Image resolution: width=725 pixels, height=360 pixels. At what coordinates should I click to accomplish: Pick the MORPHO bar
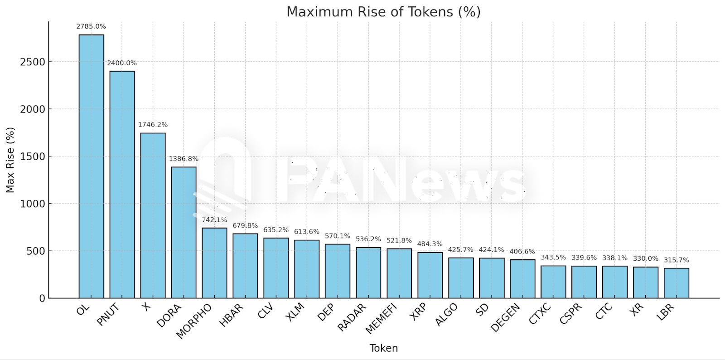point(214,263)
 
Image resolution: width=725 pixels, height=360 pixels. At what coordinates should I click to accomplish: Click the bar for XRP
point(430,275)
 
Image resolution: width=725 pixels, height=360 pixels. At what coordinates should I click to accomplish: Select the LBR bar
point(677,283)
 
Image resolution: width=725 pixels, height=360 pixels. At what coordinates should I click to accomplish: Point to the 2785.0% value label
point(91,26)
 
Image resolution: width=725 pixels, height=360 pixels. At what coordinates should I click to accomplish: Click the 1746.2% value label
point(153,125)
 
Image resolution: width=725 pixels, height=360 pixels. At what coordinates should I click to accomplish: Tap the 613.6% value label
point(307,232)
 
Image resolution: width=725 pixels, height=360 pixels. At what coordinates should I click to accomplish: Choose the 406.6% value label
point(522,251)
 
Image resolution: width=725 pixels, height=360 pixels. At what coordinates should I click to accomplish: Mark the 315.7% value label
point(677,260)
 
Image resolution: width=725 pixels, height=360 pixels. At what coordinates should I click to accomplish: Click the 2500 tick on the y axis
point(33,62)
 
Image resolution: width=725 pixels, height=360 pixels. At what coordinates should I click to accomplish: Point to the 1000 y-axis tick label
point(33,204)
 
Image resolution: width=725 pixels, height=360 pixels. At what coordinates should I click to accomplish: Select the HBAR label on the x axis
point(232,315)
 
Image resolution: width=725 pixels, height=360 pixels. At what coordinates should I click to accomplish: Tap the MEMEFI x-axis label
point(381,318)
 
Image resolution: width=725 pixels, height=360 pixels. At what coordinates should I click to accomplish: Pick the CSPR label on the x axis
point(570,314)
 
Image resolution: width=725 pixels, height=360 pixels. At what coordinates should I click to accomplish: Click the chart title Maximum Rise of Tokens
point(383,12)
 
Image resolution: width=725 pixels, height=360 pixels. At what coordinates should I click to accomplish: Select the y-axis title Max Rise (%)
point(10,160)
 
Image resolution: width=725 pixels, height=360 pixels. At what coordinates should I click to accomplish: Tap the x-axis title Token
point(383,348)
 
